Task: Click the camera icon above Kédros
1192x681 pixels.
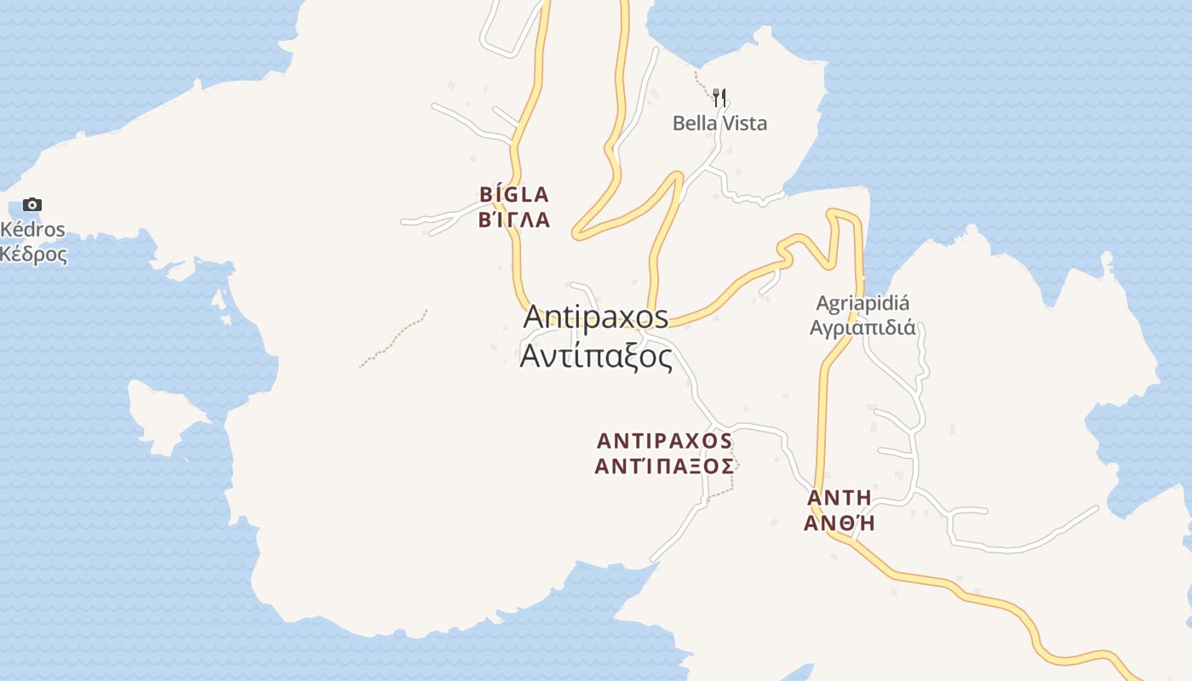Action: click(32, 204)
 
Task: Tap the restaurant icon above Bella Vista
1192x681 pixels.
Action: click(719, 98)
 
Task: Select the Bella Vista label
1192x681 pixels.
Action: click(719, 123)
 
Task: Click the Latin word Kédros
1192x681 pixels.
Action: click(33, 230)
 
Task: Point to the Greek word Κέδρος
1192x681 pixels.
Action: click(33, 254)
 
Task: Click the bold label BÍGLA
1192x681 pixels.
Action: click(514, 195)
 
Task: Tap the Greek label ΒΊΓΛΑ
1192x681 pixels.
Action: click(514, 220)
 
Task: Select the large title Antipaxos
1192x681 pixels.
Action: click(596, 317)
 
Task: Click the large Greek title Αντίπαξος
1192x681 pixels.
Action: click(596, 356)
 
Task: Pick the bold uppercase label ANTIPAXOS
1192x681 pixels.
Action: click(664, 441)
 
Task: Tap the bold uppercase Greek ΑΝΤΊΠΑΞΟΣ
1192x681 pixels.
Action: click(664, 466)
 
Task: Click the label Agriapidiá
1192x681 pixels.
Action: click(862, 303)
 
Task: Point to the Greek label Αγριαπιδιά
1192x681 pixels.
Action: click(862, 328)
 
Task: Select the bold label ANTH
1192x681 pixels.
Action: click(839, 498)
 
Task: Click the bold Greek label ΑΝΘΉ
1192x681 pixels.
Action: click(839, 524)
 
